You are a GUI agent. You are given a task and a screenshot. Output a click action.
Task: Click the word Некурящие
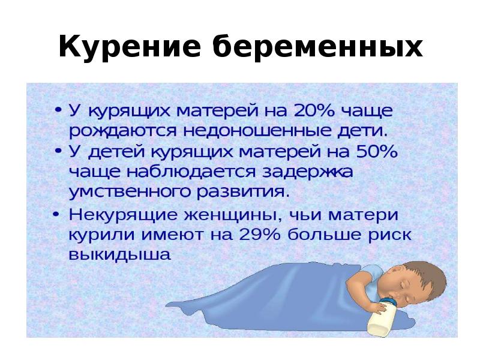coord(121,215)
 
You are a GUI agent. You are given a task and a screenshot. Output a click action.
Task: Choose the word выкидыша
coord(121,254)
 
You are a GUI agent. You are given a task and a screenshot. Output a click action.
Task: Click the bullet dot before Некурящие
coord(57,214)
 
